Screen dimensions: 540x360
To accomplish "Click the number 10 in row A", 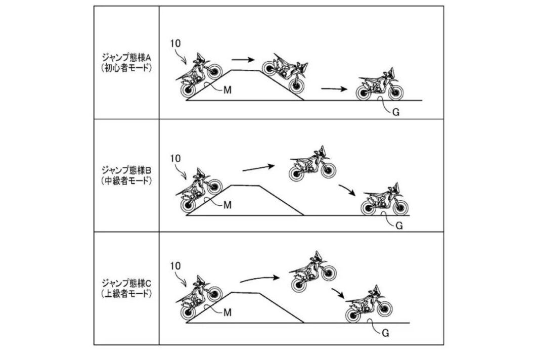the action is tap(175, 43).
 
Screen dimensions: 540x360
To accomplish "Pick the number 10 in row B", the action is tap(175, 158).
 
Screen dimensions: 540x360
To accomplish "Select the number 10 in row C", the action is tap(175, 266).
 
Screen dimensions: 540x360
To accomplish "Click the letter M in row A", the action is tap(228, 90).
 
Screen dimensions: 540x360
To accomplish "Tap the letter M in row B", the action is tap(228, 205).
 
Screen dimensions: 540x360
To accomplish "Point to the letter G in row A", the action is tap(396, 112).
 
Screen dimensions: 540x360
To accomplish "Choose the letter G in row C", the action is tap(385, 333).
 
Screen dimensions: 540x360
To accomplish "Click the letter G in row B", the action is tap(399, 226).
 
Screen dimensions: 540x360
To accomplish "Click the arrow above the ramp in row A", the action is tap(243, 60).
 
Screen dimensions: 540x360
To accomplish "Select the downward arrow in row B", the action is tap(347, 190).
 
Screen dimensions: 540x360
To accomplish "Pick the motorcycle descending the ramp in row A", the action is tap(285, 73).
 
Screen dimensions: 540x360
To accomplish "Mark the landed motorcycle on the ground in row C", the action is tap(369, 304).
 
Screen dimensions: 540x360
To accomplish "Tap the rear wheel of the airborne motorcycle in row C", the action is tap(299, 285).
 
